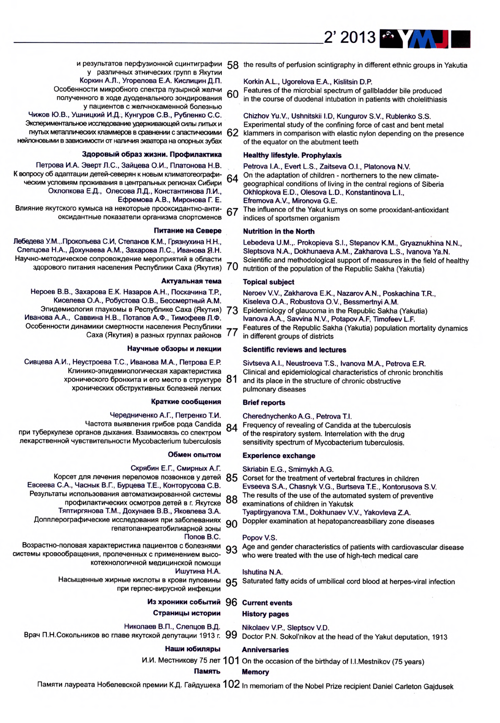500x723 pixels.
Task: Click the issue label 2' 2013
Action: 350,37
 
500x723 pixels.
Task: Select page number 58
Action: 233,66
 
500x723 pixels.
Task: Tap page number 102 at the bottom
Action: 231,684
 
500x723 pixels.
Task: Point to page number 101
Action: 231,661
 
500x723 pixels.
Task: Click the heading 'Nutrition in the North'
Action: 279,231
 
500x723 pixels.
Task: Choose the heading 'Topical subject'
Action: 269,282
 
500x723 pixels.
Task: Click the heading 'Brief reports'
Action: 264,402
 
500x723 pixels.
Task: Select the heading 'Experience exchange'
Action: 279,455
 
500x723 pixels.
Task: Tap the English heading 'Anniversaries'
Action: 265,649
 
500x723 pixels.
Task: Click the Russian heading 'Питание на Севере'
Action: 187,231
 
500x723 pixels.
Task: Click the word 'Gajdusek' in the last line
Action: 438,686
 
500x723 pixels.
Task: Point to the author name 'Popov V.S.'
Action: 260,537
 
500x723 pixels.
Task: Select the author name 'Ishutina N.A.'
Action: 262,572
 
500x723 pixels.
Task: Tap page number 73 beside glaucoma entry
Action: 232,310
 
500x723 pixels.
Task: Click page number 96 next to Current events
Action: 231,602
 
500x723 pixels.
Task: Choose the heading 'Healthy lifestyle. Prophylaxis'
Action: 292,155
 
